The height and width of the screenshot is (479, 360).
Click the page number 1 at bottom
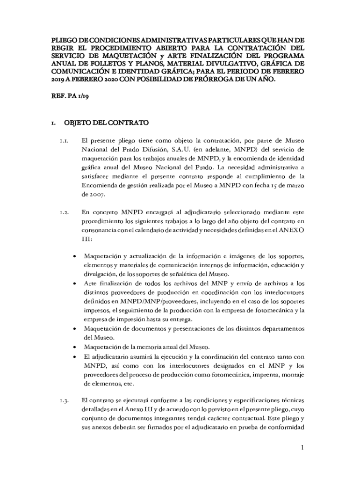click(x=302, y=448)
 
